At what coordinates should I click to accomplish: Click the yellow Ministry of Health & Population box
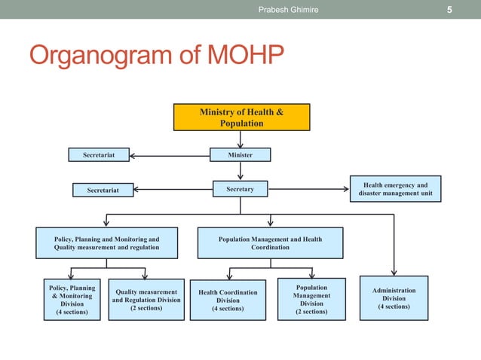click(x=241, y=117)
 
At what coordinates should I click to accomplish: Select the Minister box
click(x=240, y=155)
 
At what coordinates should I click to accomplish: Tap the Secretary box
click(x=240, y=189)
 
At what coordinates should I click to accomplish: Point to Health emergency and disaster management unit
click(x=395, y=189)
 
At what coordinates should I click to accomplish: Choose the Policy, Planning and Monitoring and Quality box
click(x=106, y=243)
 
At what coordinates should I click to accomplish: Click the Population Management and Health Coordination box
click(x=270, y=243)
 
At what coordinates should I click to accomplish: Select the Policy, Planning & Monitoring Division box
click(x=72, y=300)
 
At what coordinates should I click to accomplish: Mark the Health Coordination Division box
click(x=227, y=300)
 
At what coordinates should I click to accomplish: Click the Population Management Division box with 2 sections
click(x=311, y=300)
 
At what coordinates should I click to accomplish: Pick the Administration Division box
click(x=394, y=298)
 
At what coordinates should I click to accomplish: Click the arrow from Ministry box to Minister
click(x=240, y=139)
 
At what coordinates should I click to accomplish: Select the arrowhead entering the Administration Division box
click(x=394, y=274)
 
